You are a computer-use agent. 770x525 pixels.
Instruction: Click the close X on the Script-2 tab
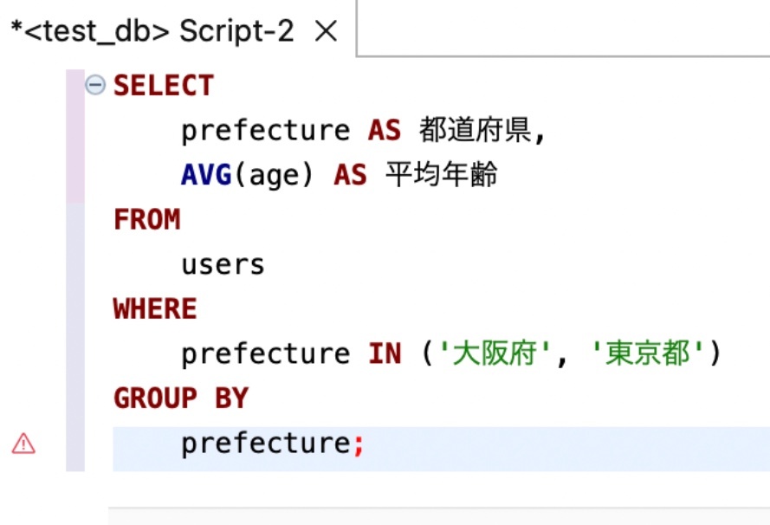click(325, 32)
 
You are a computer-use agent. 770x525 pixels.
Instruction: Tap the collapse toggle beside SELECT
click(95, 85)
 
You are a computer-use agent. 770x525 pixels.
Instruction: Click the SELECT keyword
click(164, 86)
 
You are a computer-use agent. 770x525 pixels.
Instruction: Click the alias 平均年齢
click(442, 175)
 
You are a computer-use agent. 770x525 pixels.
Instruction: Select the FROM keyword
click(146, 220)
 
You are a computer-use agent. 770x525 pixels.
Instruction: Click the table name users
click(223, 264)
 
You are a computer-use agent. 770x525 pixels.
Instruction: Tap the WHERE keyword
click(155, 309)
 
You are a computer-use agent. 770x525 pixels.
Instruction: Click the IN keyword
click(385, 354)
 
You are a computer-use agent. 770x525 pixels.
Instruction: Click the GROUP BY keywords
click(181, 399)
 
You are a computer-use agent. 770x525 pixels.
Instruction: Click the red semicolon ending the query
click(359, 444)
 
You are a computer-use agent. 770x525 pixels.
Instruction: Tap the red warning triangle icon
click(23, 444)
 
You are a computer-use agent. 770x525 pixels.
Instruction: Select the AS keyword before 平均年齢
click(350, 175)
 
